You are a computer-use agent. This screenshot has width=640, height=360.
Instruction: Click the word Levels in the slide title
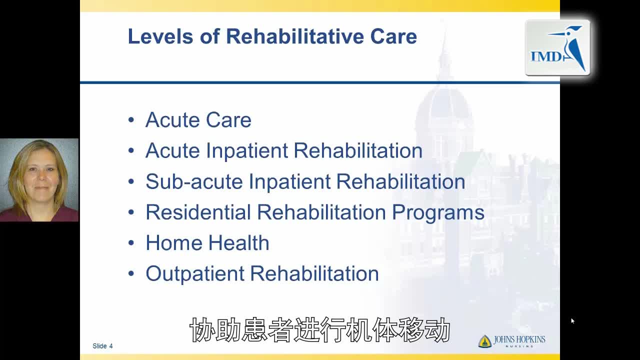click(x=160, y=36)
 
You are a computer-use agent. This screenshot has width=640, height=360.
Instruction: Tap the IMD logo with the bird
click(x=557, y=47)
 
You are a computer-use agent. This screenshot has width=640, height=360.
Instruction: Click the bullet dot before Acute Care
click(x=131, y=119)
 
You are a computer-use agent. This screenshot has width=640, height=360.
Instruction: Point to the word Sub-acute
click(x=194, y=181)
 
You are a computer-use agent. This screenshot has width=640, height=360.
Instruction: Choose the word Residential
click(x=198, y=212)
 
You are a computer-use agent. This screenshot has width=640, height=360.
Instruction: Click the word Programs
click(x=438, y=213)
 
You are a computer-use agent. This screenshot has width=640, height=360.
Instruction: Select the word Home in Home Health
click(x=174, y=243)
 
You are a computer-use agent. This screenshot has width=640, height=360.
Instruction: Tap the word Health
click(x=239, y=243)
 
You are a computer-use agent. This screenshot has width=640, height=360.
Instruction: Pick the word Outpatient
click(x=195, y=274)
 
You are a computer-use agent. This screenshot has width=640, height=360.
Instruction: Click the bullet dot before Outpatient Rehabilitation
click(x=131, y=273)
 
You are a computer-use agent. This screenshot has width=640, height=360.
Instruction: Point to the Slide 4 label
click(x=102, y=346)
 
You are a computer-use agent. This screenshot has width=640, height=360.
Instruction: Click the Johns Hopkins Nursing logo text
click(x=519, y=341)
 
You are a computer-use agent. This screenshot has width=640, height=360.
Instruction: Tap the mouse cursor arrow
click(x=572, y=321)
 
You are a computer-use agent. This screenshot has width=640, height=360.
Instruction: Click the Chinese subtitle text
click(x=319, y=329)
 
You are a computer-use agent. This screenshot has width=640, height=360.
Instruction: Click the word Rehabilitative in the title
click(x=295, y=36)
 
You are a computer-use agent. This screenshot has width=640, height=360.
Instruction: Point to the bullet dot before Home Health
click(x=131, y=243)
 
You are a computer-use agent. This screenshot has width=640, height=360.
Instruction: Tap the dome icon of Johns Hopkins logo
click(x=485, y=341)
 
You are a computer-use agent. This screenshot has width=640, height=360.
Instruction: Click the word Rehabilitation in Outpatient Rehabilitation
click(x=314, y=273)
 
